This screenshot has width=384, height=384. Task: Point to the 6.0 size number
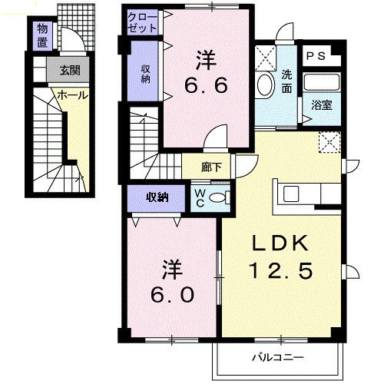173,295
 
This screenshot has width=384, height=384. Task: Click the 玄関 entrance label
69,71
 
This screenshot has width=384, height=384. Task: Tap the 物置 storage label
42,35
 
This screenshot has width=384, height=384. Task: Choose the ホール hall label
69,96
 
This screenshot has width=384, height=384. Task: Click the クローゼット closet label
144,22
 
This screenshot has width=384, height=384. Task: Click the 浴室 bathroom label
321,105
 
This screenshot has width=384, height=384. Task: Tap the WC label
199,197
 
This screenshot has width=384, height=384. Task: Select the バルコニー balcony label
279,358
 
